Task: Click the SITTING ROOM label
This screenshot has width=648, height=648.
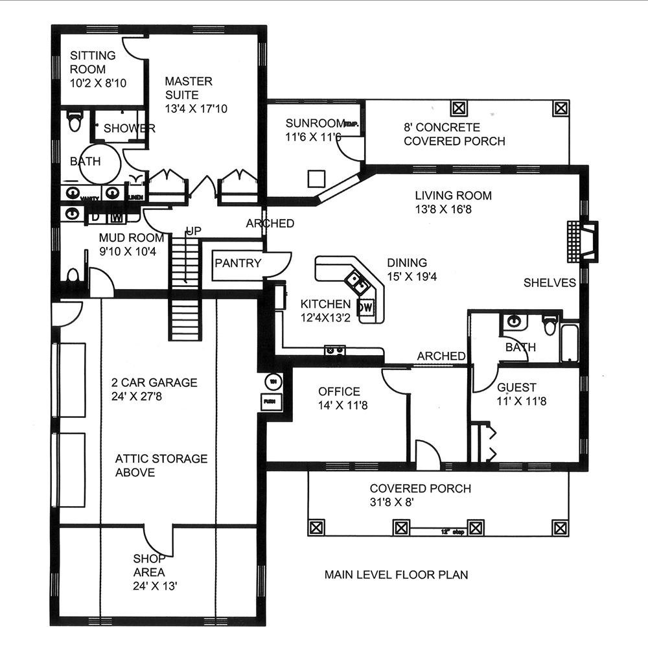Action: tap(93, 62)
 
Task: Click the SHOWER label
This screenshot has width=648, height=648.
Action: tap(129, 128)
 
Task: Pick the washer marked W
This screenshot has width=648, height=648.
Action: tap(117, 214)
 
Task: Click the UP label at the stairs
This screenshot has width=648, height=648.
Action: tap(193, 231)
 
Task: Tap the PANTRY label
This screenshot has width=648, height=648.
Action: tap(238, 263)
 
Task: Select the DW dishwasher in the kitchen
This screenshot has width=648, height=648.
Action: tap(366, 307)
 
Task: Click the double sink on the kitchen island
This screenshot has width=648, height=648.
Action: tap(357, 281)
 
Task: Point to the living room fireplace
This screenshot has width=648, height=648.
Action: tap(582, 242)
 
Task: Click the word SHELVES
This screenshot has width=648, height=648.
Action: tap(550, 283)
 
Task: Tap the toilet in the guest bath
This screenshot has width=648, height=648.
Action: tap(550, 323)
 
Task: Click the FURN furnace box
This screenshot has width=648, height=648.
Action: tap(268, 401)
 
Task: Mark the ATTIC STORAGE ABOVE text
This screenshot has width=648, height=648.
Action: tap(161, 465)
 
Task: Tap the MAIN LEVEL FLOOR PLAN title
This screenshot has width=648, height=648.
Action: tap(396, 575)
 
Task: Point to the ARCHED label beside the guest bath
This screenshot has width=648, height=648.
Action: tap(441, 356)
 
